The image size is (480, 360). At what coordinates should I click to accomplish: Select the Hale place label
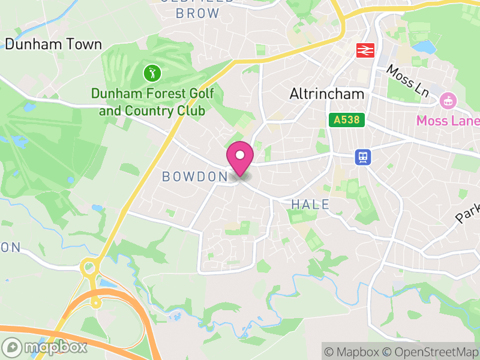tap(310, 205)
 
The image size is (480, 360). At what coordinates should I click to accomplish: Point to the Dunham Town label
tap(53, 44)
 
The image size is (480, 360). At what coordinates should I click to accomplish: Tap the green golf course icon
tap(152, 74)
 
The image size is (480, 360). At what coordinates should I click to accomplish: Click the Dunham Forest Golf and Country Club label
tap(152, 102)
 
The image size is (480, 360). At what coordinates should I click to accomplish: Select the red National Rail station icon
tap(364, 50)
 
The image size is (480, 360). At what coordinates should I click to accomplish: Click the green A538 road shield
tap(347, 119)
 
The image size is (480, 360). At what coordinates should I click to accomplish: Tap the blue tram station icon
tap(363, 157)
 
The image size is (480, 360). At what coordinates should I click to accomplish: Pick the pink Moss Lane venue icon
tap(447, 101)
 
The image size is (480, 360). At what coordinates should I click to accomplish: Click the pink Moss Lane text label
tap(448, 121)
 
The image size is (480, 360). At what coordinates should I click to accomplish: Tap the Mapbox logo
tap(46, 347)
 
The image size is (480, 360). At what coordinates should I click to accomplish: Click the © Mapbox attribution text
tap(353, 352)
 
